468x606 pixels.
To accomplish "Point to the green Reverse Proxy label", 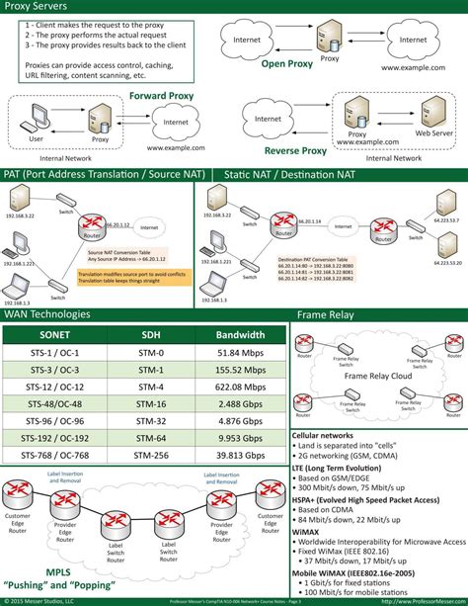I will tap(294, 151).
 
